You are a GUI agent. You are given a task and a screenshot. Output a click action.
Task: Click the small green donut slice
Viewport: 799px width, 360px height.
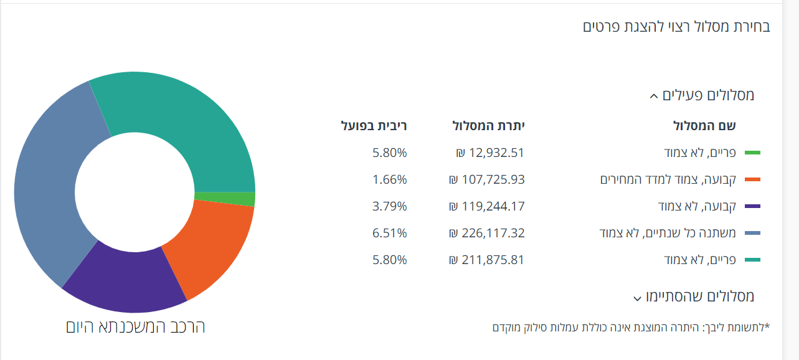(x=224, y=199)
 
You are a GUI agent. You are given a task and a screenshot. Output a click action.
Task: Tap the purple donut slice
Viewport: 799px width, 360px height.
(x=128, y=280)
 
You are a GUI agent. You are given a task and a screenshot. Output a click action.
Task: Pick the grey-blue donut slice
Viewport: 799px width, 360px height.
(x=47, y=187)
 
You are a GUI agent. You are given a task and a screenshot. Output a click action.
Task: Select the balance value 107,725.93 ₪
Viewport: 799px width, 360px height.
(x=486, y=179)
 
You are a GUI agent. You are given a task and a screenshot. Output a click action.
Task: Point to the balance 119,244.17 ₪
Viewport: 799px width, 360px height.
(x=486, y=206)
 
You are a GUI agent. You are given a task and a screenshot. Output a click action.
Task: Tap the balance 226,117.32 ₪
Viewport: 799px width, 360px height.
(x=486, y=233)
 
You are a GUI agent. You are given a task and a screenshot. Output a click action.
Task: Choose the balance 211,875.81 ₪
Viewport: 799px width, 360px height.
(x=486, y=260)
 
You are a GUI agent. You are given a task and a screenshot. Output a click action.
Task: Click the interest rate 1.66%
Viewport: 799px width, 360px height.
(x=390, y=179)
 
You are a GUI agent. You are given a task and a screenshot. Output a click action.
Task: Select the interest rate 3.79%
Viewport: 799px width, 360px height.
(x=390, y=206)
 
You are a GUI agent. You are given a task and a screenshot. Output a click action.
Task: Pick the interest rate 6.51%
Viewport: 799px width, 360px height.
(x=390, y=233)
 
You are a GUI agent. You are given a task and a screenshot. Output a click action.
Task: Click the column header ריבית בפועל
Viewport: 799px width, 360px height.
(x=374, y=126)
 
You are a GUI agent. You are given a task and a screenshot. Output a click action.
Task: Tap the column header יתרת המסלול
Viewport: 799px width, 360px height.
(x=488, y=126)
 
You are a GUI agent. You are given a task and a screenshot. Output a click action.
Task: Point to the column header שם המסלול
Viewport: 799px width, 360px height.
(x=704, y=126)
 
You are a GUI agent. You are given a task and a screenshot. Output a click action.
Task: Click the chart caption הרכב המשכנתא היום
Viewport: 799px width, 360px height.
(x=135, y=326)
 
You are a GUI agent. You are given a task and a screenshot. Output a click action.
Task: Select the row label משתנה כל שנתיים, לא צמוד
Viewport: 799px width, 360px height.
(x=667, y=233)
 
